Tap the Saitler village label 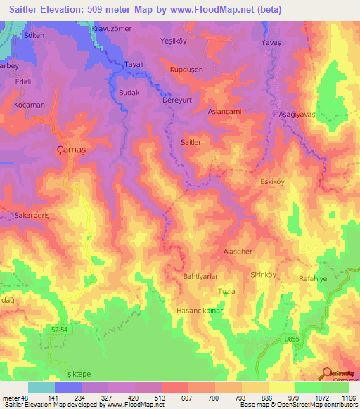coord(191,142)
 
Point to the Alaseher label coord(237,251)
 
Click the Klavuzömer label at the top coord(112,28)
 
